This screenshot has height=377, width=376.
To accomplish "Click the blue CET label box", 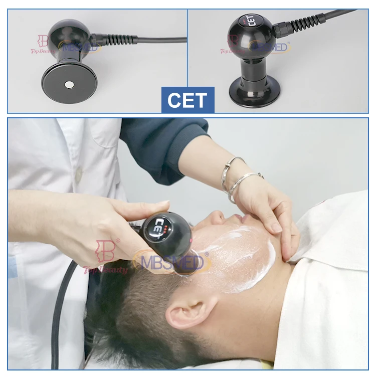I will [187, 100].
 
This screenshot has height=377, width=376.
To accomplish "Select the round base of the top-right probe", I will [254, 92].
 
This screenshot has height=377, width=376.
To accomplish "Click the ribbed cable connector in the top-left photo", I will [108, 39].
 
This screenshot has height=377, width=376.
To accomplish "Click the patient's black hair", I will [130, 316].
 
